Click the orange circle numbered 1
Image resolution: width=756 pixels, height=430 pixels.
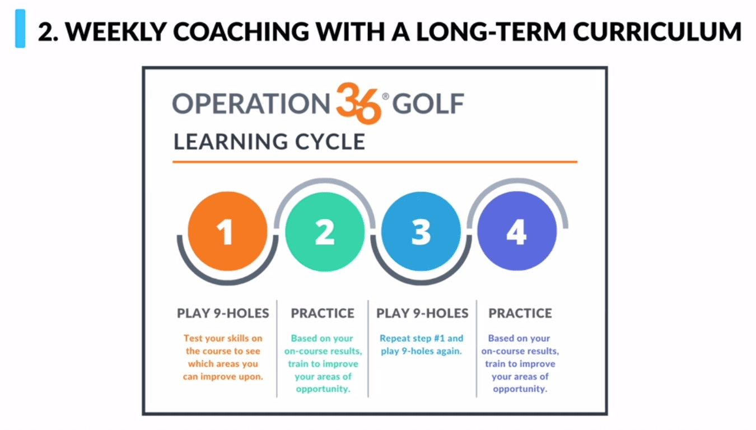tap(227, 231)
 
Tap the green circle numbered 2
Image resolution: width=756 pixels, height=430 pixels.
tap(325, 232)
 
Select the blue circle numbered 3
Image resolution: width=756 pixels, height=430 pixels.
tap(421, 232)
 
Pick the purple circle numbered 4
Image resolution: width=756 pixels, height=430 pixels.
tap(517, 231)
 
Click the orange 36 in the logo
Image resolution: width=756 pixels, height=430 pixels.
tap(358, 103)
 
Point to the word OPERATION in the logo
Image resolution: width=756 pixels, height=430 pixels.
tap(251, 104)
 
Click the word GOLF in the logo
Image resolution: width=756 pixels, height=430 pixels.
tap(428, 104)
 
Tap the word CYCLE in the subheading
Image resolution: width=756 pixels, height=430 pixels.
tap(330, 142)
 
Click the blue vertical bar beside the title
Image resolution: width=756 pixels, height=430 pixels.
tap(20, 29)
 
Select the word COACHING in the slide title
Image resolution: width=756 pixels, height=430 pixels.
tap(241, 31)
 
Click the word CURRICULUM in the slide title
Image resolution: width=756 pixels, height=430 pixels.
tap(657, 31)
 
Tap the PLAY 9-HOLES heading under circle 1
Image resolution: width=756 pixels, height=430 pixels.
tap(223, 313)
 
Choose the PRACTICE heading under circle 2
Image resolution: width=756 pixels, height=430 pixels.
tap(323, 313)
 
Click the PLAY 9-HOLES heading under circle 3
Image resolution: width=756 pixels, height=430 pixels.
tap(422, 313)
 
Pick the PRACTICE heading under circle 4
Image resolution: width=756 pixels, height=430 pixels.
tap(520, 313)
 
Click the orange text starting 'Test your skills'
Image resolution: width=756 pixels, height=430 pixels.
tap(223, 357)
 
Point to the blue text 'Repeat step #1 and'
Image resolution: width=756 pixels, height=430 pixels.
tap(422, 338)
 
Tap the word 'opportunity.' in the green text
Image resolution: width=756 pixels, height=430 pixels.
tap(323, 389)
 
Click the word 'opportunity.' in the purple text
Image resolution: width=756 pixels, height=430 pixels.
tap(520, 389)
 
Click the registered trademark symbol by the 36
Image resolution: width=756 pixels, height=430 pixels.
tap(385, 96)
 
